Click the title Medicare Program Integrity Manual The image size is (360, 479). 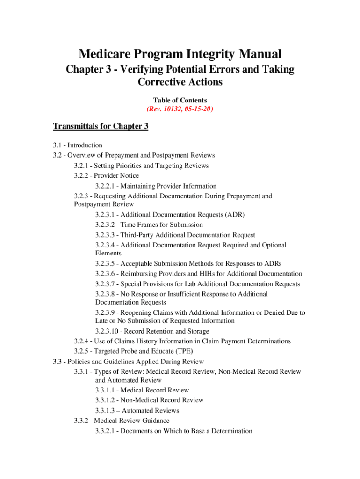point(180,54)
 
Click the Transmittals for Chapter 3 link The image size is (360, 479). point(101,126)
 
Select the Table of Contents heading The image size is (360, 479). point(180,100)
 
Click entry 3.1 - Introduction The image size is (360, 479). point(78,145)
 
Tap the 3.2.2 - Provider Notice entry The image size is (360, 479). point(106,176)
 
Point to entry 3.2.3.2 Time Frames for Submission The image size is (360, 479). point(149,225)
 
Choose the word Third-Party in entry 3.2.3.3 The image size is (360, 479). point(137,235)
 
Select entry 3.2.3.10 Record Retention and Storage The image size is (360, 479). point(152,331)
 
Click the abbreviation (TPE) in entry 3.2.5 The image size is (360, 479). point(184,351)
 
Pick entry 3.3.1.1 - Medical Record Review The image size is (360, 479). point(142,390)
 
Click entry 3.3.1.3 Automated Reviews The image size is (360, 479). point(137,411)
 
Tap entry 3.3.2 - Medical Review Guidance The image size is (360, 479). point(122,421)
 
